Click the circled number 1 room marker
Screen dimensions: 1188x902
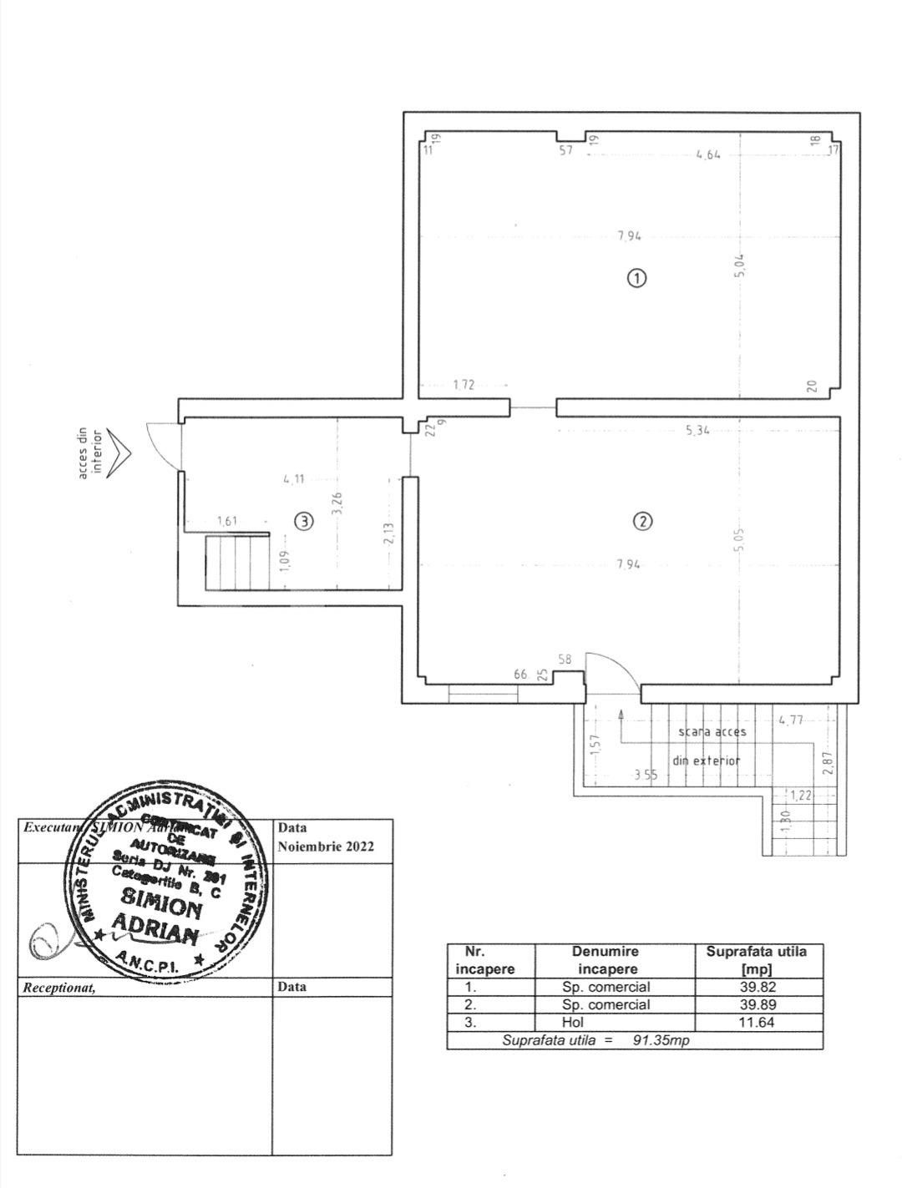coord(636,279)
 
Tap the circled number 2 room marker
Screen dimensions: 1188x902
coord(642,521)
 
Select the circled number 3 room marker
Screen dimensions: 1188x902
coord(305,521)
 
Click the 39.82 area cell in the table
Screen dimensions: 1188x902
coord(758,987)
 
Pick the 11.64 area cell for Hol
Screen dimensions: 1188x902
coord(758,1022)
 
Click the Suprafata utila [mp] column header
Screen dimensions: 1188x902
coord(757,960)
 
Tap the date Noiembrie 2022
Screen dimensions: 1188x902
coord(326,846)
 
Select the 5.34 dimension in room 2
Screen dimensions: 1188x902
coord(697,431)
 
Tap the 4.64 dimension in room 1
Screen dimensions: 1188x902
coord(707,154)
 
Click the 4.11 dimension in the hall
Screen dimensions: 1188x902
coord(293,479)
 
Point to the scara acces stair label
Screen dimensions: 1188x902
coord(712,731)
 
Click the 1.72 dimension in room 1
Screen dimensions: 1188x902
coord(464,385)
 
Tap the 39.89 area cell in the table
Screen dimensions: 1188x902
coord(758,1004)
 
